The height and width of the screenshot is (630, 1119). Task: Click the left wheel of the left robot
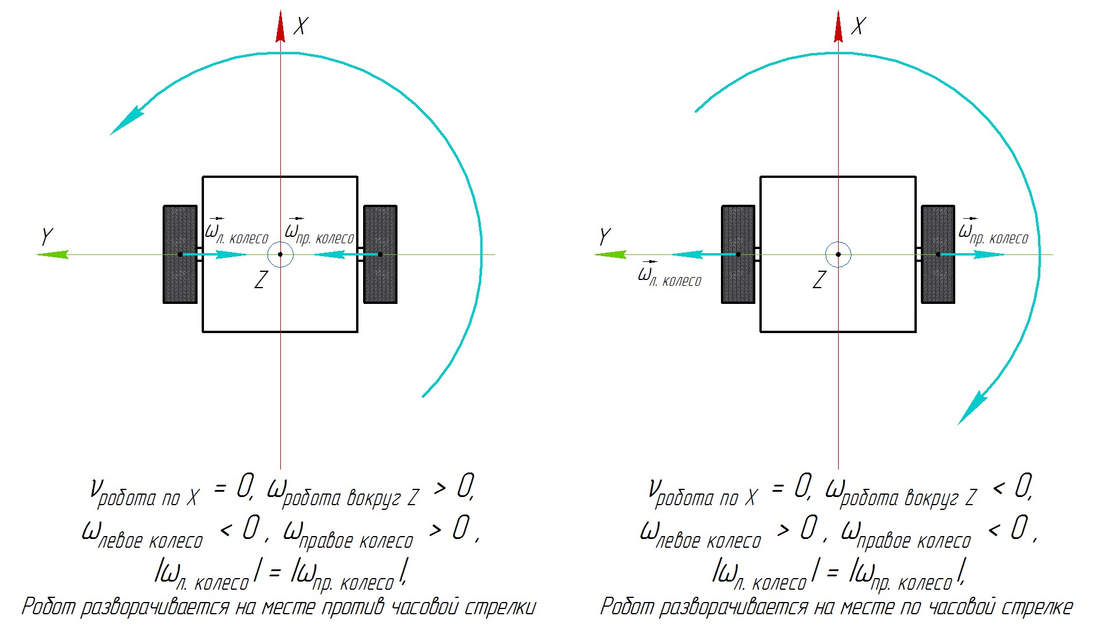(x=180, y=254)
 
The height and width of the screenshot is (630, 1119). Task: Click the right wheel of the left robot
(x=380, y=254)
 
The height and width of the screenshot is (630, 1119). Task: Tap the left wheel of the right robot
(x=738, y=254)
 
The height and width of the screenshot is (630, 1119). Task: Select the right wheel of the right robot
(x=938, y=254)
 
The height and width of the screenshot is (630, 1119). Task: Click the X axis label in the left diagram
(x=301, y=26)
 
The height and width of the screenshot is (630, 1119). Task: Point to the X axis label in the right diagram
(x=858, y=26)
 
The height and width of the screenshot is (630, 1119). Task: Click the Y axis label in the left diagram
(x=47, y=237)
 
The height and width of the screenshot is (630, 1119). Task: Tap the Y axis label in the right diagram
(x=604, y=237)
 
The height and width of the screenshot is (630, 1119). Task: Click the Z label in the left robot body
(x=261, y=280)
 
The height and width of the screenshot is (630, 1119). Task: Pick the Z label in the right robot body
(x=819, y=280)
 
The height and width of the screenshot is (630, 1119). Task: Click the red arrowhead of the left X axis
(x=280, y=28)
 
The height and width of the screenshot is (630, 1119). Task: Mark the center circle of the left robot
(x=280, y=254)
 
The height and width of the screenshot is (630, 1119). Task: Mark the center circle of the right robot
(x=838, y=254)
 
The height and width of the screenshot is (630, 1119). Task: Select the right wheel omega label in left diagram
(x=319, y=232)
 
